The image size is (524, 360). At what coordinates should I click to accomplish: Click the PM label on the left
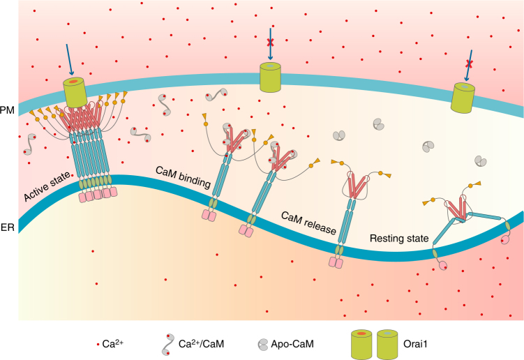pos(7,110)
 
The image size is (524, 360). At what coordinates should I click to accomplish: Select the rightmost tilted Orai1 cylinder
pos(463,98)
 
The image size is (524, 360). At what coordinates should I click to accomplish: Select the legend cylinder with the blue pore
pos(387,343)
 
